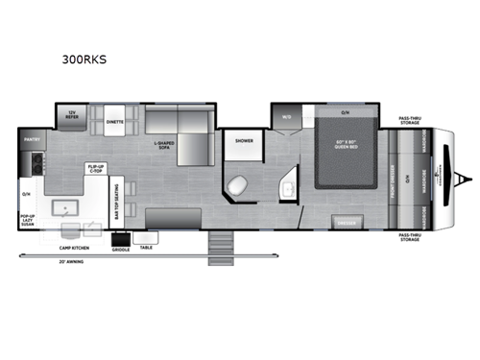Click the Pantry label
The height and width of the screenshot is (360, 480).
31,139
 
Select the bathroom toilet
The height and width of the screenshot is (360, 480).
238,184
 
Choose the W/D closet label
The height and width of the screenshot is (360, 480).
285,117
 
